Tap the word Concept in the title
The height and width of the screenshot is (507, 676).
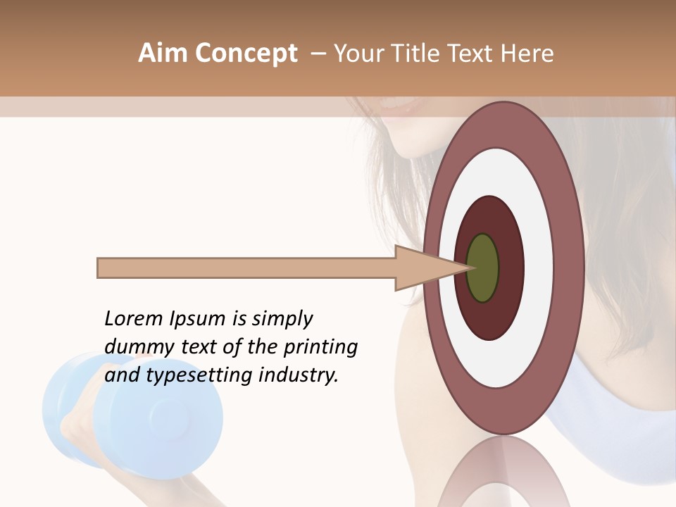246,54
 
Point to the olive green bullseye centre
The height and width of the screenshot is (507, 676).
482,268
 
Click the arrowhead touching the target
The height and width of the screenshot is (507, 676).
423,268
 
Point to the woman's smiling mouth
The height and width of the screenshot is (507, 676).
400,106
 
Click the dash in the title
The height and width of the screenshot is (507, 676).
317,54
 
